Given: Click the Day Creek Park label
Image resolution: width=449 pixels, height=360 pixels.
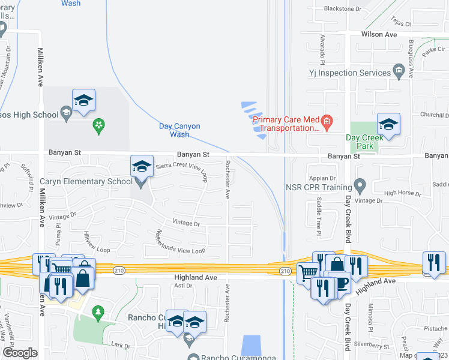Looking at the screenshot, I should click(x=364, y=142).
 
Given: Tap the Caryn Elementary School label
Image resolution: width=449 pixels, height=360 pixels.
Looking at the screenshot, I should click(x=86, y=181).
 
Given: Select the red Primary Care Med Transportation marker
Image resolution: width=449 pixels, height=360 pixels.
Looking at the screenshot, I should click(x=327, y=124).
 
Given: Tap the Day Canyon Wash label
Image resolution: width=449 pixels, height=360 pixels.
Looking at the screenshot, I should click(x=179, y=130).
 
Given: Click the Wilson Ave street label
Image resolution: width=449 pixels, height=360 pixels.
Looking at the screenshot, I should click(x=379, y=35).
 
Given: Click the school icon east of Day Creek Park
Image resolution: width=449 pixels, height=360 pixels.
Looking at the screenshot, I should click(x=388, y=125).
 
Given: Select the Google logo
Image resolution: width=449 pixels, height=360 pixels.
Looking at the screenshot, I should click(x=20, y=353).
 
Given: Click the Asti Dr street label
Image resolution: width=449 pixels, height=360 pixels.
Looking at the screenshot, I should click(x=182, y=286).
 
